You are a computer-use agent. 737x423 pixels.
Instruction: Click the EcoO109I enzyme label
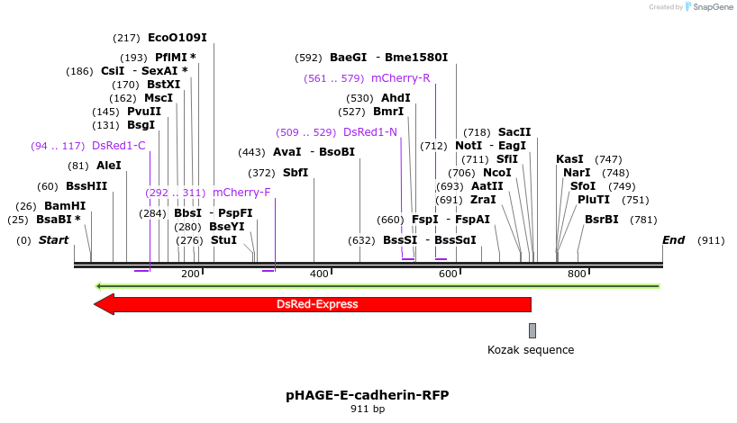177,38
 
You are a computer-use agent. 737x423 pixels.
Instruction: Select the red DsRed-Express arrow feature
315,304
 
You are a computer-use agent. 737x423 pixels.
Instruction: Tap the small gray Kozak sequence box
532,330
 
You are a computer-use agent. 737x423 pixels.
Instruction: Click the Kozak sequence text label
531,350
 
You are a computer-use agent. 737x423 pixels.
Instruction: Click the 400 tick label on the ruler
319,273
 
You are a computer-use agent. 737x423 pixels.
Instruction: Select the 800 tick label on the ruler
577,273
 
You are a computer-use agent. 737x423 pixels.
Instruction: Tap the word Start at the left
53,240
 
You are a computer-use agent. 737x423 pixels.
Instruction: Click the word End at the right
673,240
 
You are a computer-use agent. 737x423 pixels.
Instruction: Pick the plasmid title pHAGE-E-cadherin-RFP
368,395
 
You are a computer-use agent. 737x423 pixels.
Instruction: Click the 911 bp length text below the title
368,409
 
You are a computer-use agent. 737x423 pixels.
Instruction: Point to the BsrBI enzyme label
602,220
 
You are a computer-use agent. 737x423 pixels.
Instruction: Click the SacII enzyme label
514,132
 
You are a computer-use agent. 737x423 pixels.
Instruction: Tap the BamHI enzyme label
65,206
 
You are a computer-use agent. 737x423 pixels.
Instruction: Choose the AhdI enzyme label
396,98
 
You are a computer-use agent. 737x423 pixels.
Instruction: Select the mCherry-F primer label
241,193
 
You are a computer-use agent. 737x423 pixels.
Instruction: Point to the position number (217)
126,38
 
